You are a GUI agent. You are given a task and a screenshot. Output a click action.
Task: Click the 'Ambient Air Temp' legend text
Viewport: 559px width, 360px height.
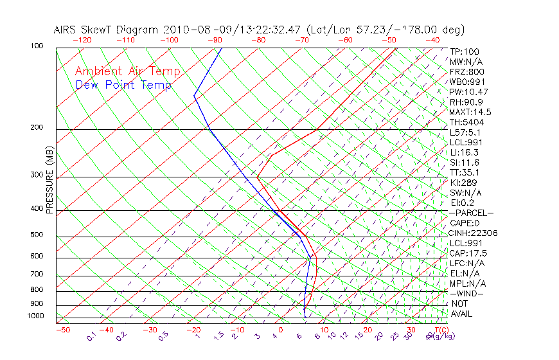click(128, 71)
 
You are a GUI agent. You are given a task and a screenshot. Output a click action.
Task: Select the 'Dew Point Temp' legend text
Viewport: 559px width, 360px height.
click(123, 85)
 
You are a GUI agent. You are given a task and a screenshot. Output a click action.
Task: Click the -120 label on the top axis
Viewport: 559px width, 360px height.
click(82, 40)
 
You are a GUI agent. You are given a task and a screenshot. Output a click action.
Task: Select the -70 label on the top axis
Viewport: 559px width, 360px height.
click(301, 40)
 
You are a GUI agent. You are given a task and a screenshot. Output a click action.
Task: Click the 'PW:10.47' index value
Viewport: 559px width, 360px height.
click(470, 92)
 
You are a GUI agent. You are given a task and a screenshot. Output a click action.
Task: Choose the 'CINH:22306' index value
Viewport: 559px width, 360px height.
click(474, 233)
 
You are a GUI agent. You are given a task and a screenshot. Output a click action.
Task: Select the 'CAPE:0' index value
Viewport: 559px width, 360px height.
click(465, 223)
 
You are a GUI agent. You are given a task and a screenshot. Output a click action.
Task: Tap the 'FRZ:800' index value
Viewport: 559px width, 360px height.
click(467, 72)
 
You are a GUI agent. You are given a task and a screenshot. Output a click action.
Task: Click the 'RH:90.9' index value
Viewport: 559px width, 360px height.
click(466, 102)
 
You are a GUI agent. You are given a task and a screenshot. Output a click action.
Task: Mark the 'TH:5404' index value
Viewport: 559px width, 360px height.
click(467, 122)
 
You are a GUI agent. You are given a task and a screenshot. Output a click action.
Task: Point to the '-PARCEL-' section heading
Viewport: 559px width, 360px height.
click(471, 213)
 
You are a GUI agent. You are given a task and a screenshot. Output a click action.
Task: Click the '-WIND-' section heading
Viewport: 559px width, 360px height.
click(467, 293)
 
